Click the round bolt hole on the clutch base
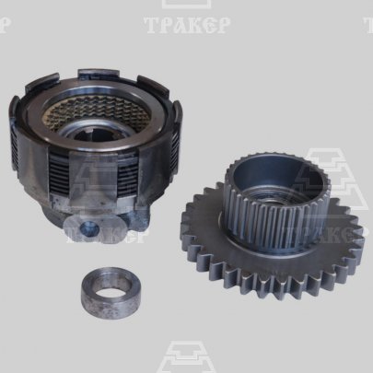(x=88, y=230)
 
